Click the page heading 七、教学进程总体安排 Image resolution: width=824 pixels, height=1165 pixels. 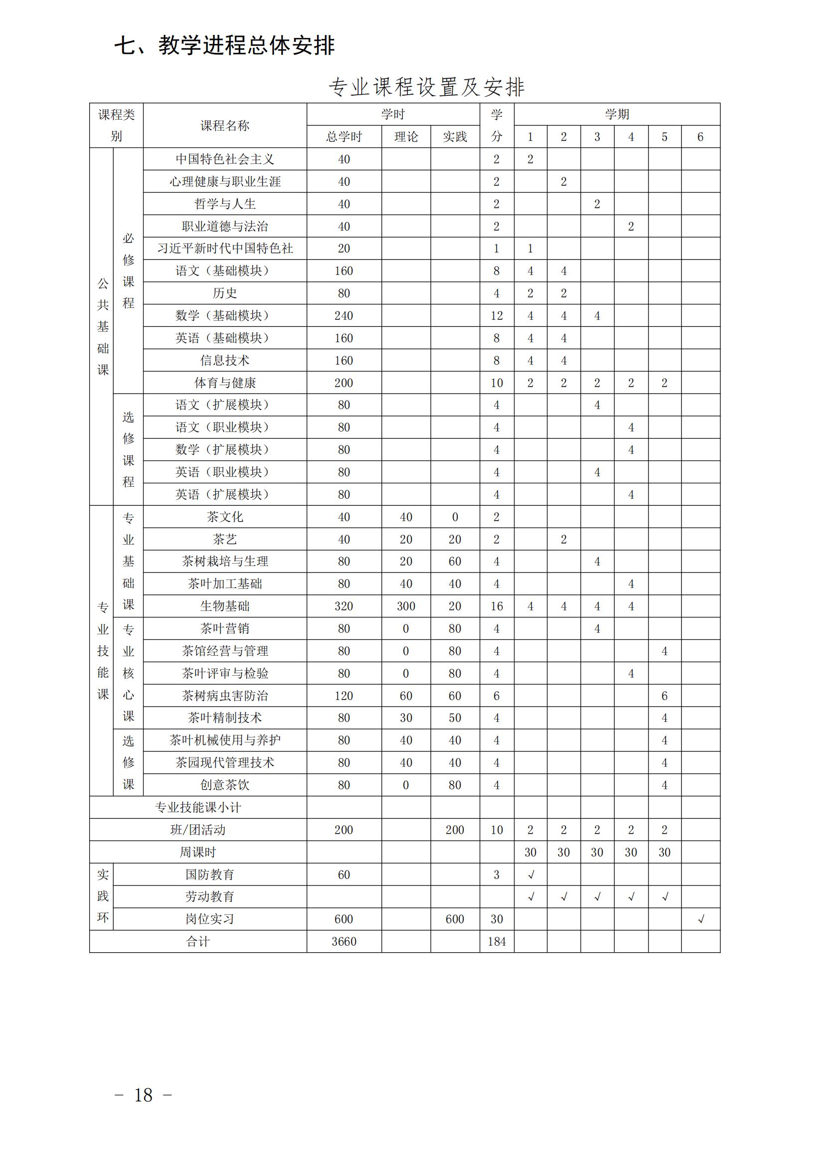pos(224,46)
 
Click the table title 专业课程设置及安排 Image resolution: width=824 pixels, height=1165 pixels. pos(427,87)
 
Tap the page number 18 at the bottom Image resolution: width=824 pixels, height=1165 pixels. pos(143,1095)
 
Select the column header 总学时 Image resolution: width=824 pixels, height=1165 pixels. pos(344,137)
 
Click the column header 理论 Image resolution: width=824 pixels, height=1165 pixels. pos(406,137)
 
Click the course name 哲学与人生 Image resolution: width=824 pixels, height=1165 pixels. pos(225,204)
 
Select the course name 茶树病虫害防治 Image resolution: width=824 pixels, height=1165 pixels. pos(225,696)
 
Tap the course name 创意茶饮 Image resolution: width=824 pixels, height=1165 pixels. pos(225,785)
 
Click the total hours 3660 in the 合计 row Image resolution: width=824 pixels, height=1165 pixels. pos(344,942)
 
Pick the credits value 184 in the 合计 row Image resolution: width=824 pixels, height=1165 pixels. pos(496,942)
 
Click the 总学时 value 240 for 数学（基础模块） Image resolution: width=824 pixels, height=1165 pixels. pos(344,315)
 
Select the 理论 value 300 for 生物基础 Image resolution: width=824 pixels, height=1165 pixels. pos(406,606)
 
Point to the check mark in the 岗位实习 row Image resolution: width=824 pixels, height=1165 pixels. pos(701,919)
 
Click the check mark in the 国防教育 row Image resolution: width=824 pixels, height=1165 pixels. pos(530,875)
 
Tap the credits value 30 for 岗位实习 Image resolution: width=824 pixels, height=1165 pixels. pos(496,919)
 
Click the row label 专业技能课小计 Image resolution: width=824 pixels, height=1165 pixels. pos(198,807)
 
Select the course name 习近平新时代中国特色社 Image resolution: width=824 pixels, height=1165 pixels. pos(225,249)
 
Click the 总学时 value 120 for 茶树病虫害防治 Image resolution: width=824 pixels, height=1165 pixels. pos(344,696)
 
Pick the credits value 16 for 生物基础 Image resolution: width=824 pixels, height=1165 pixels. pos(496,606)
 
